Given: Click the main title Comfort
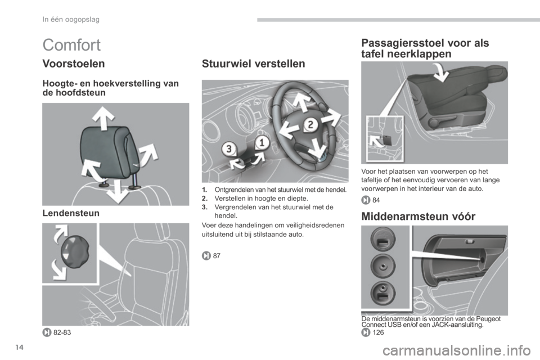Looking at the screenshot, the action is pos(71,45).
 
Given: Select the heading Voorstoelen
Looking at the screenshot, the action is pos(74,64).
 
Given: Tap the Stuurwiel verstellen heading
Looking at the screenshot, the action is pos(254,64).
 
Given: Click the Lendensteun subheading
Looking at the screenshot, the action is pos(71,213).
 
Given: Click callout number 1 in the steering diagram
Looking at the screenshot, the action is pos(262,142).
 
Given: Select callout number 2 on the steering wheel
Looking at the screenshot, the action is pos(310,125).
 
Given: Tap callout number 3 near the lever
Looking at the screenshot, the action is pos(228,149).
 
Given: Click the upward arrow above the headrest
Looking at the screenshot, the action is pos(103,118).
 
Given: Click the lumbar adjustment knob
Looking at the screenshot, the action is pos(75,251).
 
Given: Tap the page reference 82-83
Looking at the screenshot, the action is pos(62,332).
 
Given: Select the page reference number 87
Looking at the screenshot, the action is pos(217,255).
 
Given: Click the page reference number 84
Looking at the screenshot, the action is pos(376,200).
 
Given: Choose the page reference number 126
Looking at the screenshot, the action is pos(378,332).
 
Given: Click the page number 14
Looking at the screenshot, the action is pos(20,348).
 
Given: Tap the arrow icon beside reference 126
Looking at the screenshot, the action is pos(366,332).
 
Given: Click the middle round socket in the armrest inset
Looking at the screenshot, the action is pos(383,266).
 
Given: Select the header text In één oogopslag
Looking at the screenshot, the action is pos(71,20).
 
